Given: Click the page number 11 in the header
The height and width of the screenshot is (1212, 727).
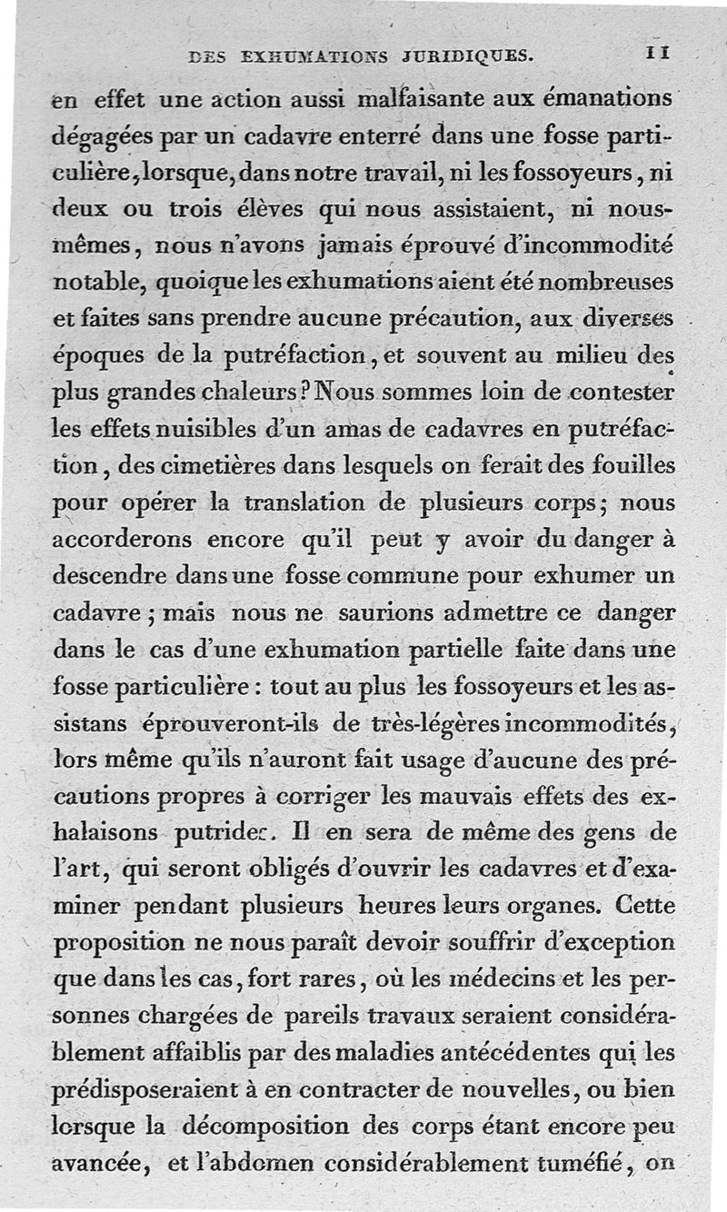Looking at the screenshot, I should [x=659, y=55].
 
